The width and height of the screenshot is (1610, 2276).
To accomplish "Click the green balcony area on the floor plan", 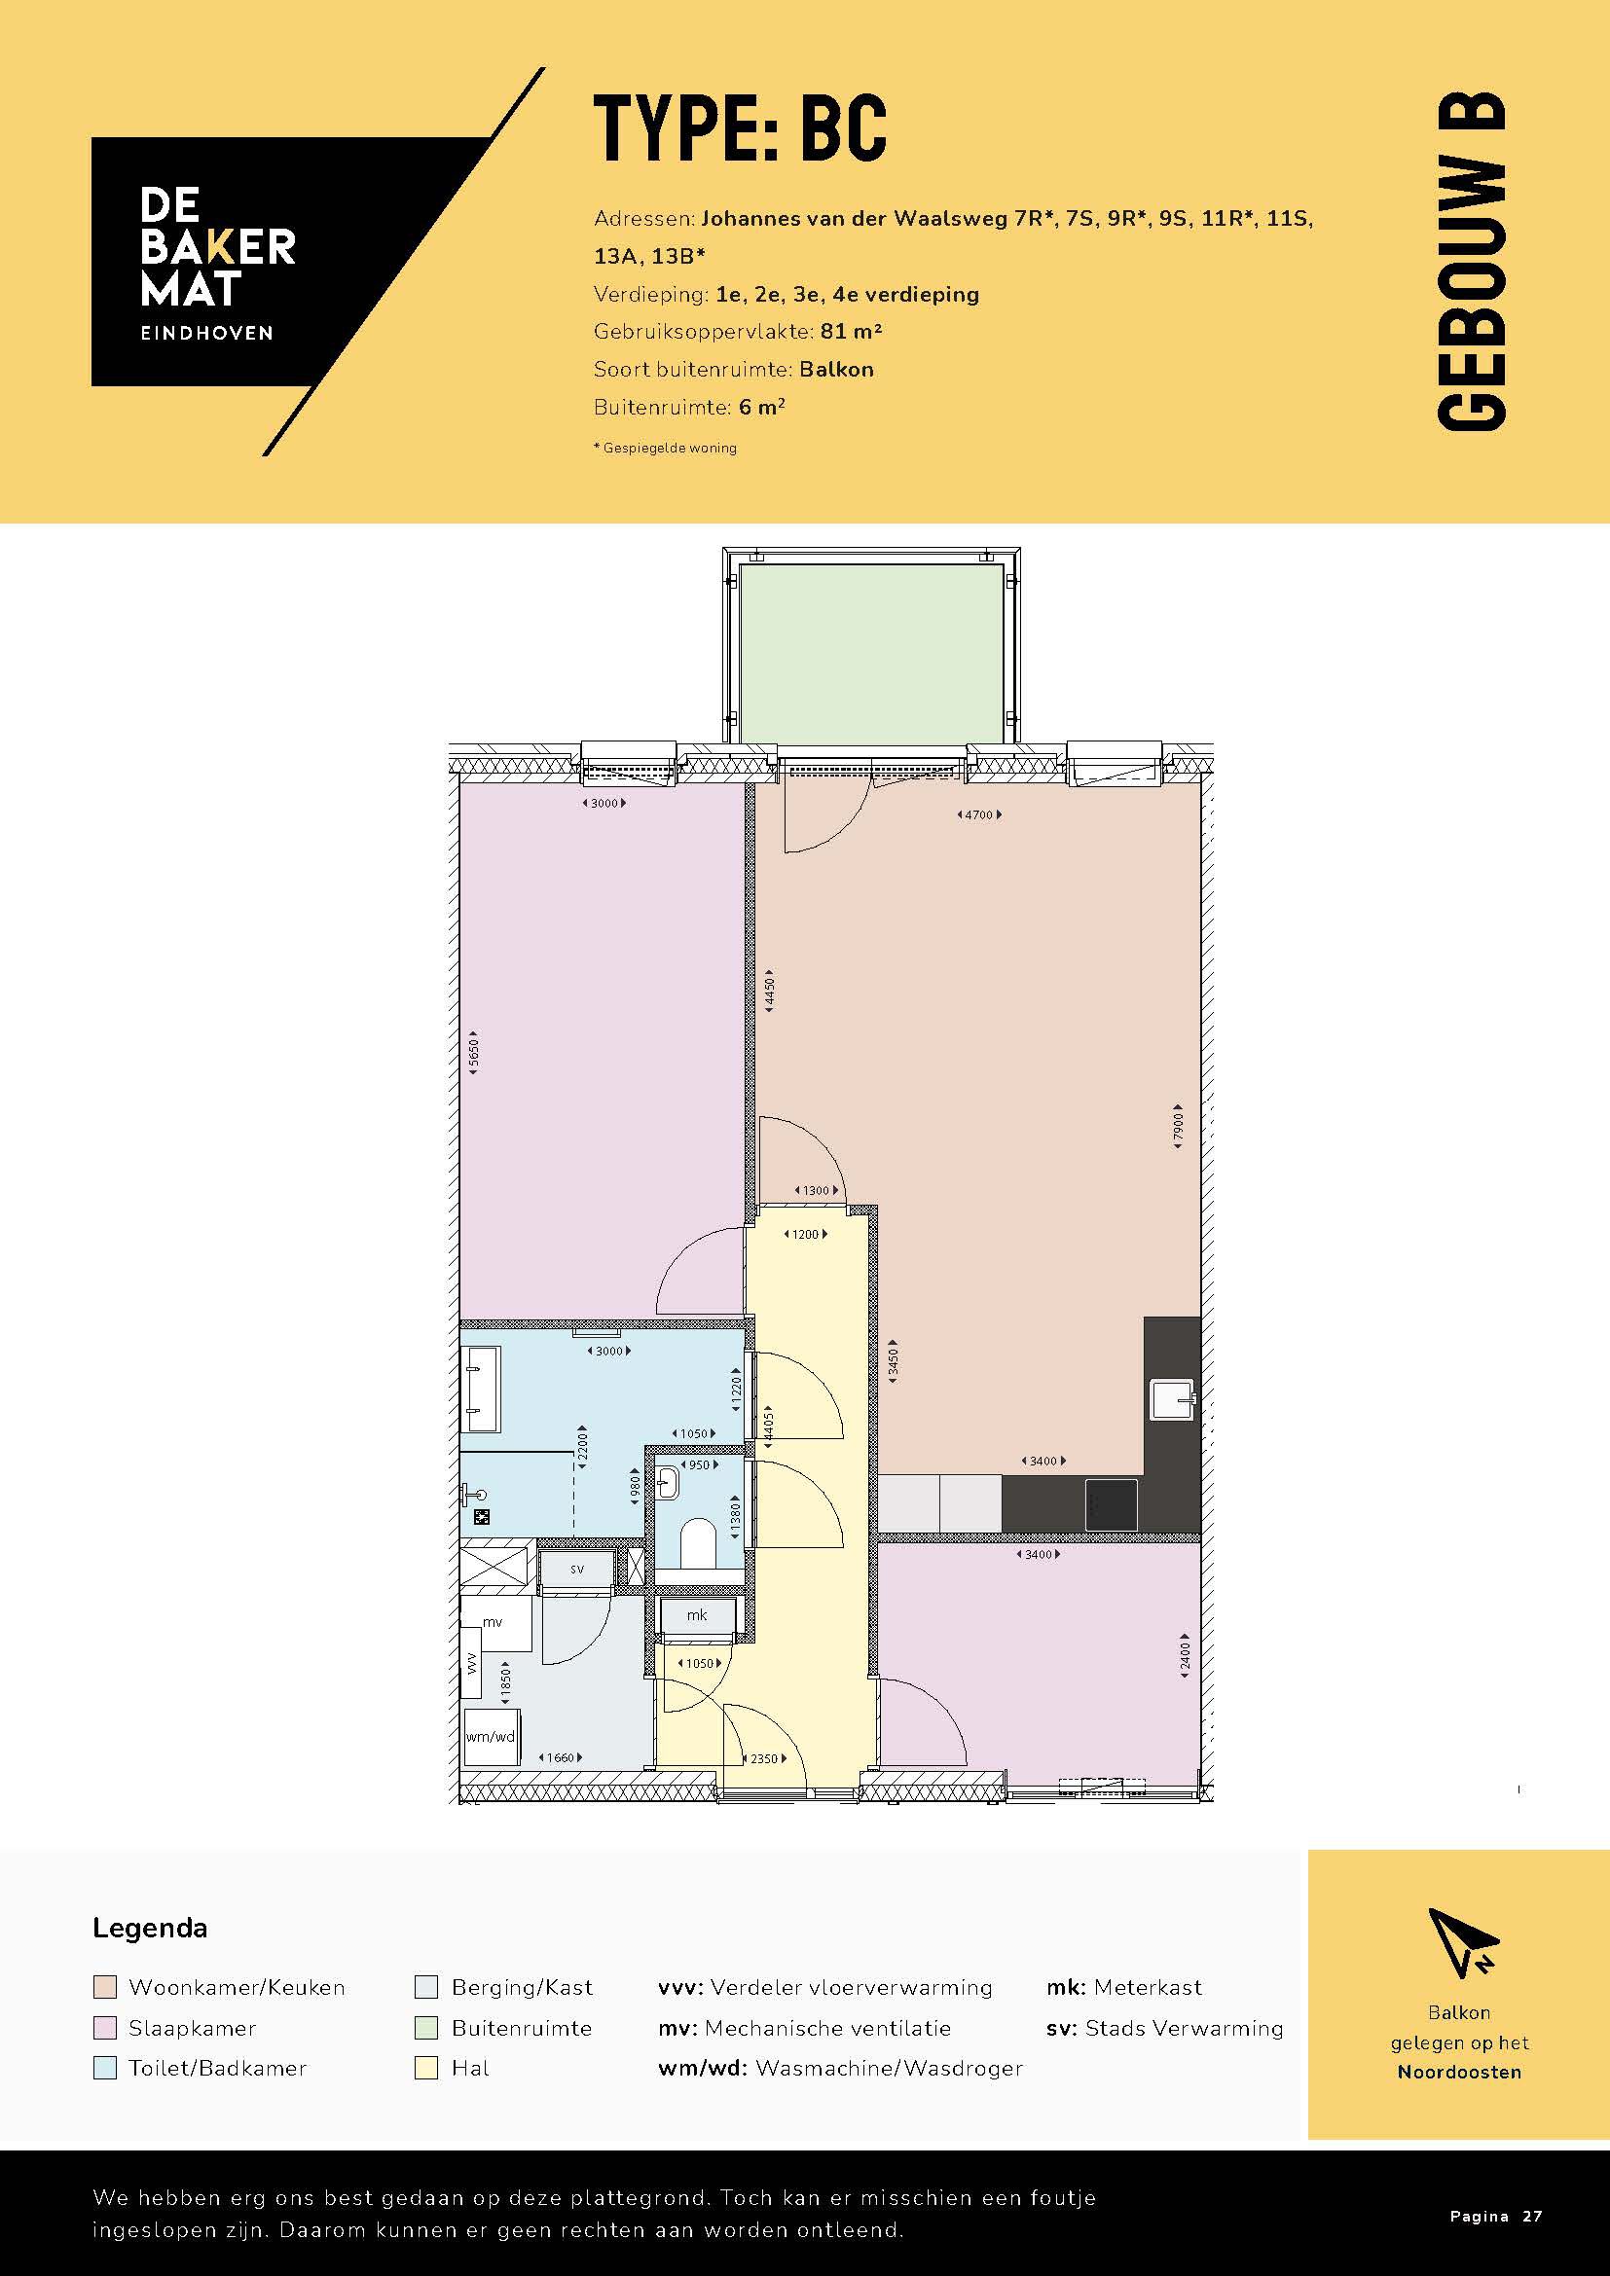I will click(x=870, y=651).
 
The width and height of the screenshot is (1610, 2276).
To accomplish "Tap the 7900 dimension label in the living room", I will click(x=1178, y=1126).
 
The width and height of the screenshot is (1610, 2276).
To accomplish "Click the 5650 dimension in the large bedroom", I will click(x=474, y=1053).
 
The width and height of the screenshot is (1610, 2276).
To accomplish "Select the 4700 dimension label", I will click(x=978, y=814).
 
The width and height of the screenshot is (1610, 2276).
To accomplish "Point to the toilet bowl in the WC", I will click(x=698, y=1542).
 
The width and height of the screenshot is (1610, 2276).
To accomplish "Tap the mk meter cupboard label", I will click(x=697, y=1615).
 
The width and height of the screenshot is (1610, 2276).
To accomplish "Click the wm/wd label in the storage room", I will click(x=490, y=1736).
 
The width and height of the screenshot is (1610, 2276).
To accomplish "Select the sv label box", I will click(x=577, y=1570).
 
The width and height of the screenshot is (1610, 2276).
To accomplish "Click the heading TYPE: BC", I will click(x=740, y=128).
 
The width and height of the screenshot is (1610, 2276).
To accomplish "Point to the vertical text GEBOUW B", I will click(x=1470, y=262).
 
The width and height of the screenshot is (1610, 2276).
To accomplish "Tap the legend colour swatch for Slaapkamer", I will click(x=104, y=2028).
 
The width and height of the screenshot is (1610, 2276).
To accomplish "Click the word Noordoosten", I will click(x=1458, y=2072).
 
